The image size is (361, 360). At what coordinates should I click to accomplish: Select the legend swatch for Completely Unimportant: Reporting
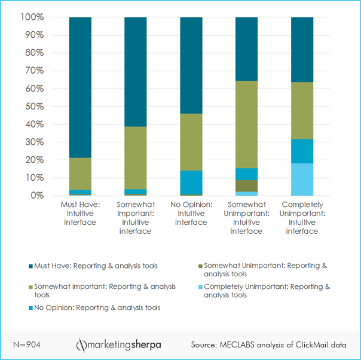200,287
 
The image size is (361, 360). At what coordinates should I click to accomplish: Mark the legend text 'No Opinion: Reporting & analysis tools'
97,307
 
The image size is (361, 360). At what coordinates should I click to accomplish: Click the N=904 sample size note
26,345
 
